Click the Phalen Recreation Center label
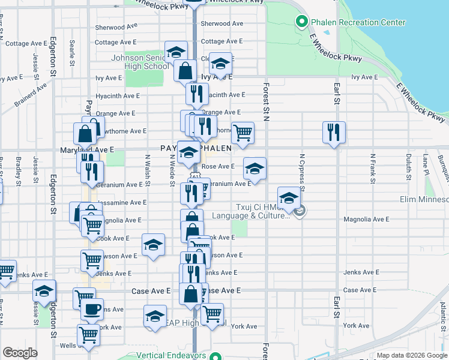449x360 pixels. coord(358,23)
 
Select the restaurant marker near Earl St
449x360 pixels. coord(334,132)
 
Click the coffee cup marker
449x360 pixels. coord(92,310)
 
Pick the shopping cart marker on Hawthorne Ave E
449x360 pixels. coord(242,132)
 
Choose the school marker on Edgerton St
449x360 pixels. coord(44,291)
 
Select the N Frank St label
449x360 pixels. coord(373,168)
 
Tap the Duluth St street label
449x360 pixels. coord(408,167)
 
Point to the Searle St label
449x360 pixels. coord(72,53)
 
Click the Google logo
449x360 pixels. coord(20,353)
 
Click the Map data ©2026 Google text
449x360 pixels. coord(411,356)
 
